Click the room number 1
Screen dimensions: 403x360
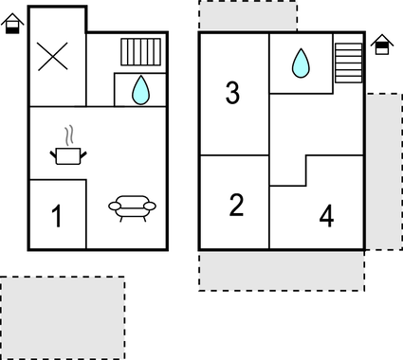56,217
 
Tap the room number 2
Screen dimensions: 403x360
236,205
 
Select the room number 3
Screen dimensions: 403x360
232,93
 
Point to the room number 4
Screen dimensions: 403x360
326,217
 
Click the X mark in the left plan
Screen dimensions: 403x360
53,57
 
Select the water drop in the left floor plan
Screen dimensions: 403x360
140,90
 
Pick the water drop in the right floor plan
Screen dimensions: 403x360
301,63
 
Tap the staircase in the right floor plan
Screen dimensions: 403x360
349,63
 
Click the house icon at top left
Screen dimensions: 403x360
11,24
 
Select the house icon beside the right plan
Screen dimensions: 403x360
381,44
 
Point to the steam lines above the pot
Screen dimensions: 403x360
68,134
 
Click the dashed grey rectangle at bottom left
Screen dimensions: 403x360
63,317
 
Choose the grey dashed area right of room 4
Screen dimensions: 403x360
383,171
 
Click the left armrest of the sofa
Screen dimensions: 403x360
113,205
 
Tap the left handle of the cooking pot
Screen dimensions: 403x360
54,150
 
